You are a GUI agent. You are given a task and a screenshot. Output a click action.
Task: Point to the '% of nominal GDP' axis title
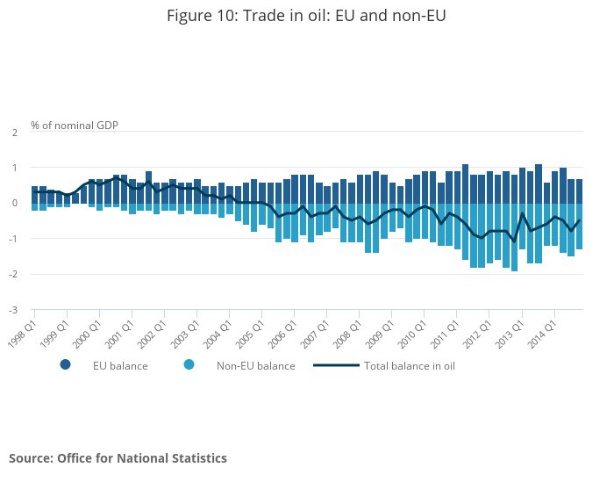coord(75,126)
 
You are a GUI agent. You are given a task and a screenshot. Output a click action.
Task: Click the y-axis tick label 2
coord(14,132)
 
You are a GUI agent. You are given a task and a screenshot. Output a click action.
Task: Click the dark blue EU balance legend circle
coord(65,364)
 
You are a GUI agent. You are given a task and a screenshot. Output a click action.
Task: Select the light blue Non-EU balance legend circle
coord(189,364)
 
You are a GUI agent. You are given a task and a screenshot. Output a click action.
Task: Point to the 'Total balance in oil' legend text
coord(410,365)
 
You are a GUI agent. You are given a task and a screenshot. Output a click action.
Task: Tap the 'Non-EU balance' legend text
coord(256,365)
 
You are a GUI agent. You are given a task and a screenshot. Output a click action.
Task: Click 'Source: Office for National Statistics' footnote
coord(118,458)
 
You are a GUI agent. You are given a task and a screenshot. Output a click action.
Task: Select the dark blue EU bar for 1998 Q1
coord(34,194)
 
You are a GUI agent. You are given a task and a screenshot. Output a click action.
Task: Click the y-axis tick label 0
coord(14,203)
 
